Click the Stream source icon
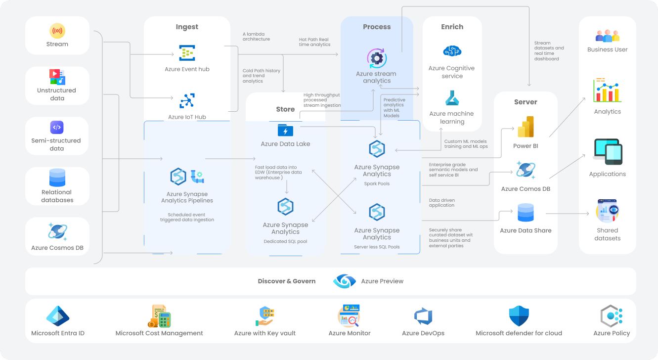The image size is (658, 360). [x=57, y=31]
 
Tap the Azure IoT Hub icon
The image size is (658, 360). [x=187, y=101]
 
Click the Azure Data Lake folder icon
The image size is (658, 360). [x=285, y=131]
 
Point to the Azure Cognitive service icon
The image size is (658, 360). [x=452, y=51]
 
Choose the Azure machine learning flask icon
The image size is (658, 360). [x=452, y=98]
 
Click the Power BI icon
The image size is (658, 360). [x=526, y=128]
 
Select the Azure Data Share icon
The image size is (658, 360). [x=526, y=213]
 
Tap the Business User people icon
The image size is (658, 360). [x=607, y=36]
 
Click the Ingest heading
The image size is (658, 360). [x=187, y=27]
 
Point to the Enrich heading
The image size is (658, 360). [x=452, y=27]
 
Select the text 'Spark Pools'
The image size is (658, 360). [x=377, y=184]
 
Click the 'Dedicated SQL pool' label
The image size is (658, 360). [x=285, y=242]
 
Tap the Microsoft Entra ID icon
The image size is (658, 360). [x=58, y=316]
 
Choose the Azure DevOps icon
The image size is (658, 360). [x=423, y=316]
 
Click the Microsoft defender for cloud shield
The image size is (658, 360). [x=519, y=316]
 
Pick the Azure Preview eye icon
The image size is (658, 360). [x=345, y=281]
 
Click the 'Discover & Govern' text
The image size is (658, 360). [x=287, y=281]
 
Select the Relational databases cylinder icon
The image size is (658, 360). [x=57, y=178]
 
